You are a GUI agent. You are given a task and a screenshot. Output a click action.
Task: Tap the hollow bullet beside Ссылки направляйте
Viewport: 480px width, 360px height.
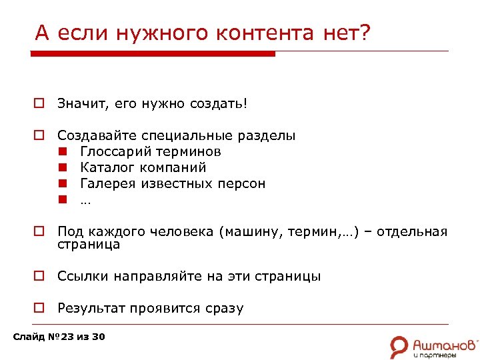40,276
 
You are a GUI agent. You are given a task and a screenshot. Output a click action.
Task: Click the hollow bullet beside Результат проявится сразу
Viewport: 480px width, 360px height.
40,308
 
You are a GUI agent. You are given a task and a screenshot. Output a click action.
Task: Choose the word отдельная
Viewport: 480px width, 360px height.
411,232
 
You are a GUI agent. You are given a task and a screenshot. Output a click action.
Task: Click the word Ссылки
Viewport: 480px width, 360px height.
83,276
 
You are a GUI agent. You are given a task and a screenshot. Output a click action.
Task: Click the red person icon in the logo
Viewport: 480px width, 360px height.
399,345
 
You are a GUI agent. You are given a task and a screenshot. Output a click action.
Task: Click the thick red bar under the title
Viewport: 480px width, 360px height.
155,54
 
